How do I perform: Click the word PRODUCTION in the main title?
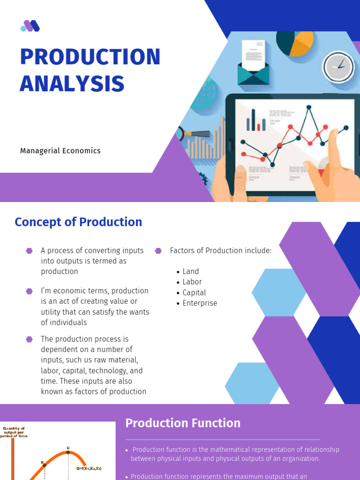coord(90,57)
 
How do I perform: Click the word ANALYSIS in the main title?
coord(72,83)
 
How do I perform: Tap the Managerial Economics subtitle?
coord(60,151)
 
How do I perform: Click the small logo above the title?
coord(30,26)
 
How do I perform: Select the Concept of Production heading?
coord(78,222)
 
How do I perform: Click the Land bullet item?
coord(190,271)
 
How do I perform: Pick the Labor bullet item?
coord(192,282)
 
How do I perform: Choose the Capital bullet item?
coord(194,292)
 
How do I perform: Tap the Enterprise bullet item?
coord(200,303)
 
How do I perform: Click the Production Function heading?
coord(183,423)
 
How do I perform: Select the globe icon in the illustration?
coord(206,94)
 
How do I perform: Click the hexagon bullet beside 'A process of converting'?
coord(30,251)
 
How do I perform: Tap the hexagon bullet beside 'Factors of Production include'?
coord(158,251)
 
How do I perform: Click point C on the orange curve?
coord(68,452)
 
